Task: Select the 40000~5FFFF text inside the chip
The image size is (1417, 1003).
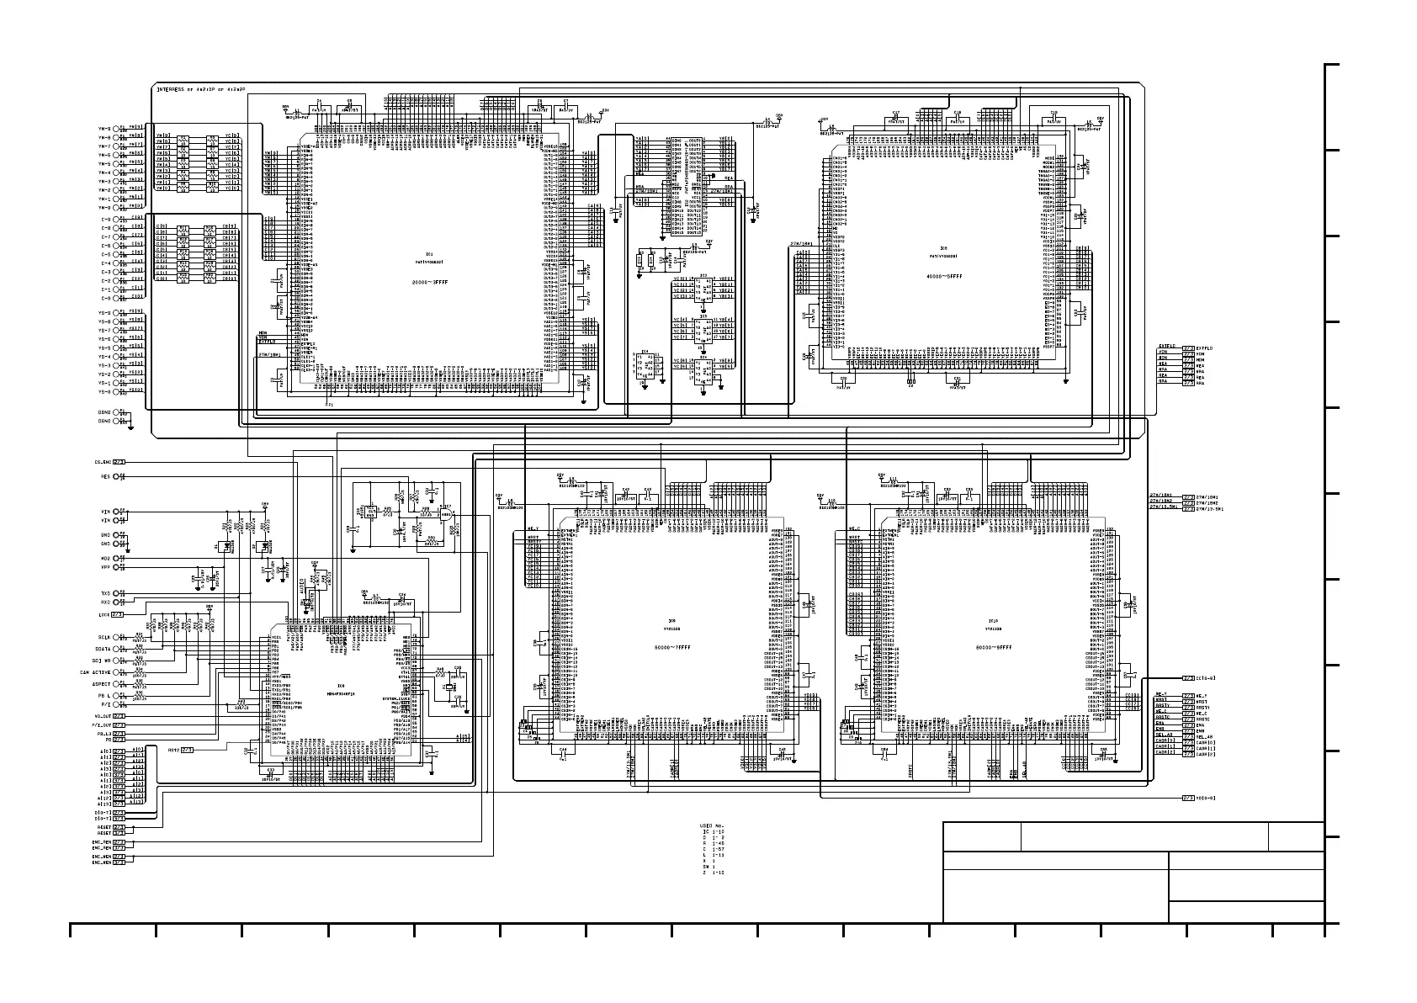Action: click(943, 275)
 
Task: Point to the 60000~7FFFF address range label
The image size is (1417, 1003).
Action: click(678, 647)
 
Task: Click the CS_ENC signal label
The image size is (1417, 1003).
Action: click(102, 462)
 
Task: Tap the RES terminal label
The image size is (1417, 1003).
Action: click(105, 476)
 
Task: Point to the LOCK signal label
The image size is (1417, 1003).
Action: click(103, 614)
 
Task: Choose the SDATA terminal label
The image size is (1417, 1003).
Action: click(103, 649)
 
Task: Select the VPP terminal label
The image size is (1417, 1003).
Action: click(106, 567)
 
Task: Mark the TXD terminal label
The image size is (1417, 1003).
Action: click(105, 592)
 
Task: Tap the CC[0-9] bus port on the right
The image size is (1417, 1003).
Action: click(1205, 677)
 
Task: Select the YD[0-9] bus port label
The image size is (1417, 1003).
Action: click(1205, 797)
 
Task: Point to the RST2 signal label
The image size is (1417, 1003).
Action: click(173, 749)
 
